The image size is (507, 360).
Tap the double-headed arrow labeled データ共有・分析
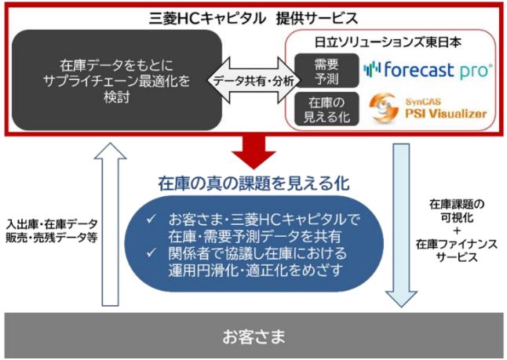click(246, 81)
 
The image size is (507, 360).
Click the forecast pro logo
click(429, 70)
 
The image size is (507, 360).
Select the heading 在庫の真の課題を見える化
click(253, 185)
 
